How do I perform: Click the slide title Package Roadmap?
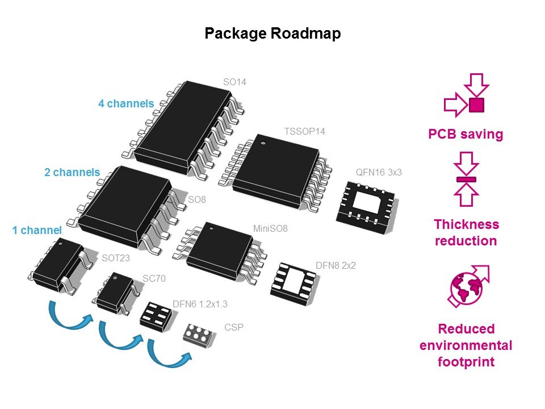coord(272,34)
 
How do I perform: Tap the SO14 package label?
coord(234,82)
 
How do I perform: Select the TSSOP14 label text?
coord(304,132)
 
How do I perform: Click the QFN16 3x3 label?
coord(379,172)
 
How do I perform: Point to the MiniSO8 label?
coord(270,229)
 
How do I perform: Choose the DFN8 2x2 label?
coord(336,265)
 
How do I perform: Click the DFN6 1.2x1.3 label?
coord(200,304)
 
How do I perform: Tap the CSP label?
coord(233,327)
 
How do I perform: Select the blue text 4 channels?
coord(126,104)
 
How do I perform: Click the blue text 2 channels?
coord(72,172)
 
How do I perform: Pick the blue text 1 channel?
coord(37,231)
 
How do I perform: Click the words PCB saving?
coord(466,135)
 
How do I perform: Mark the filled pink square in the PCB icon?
coord(476,105)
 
